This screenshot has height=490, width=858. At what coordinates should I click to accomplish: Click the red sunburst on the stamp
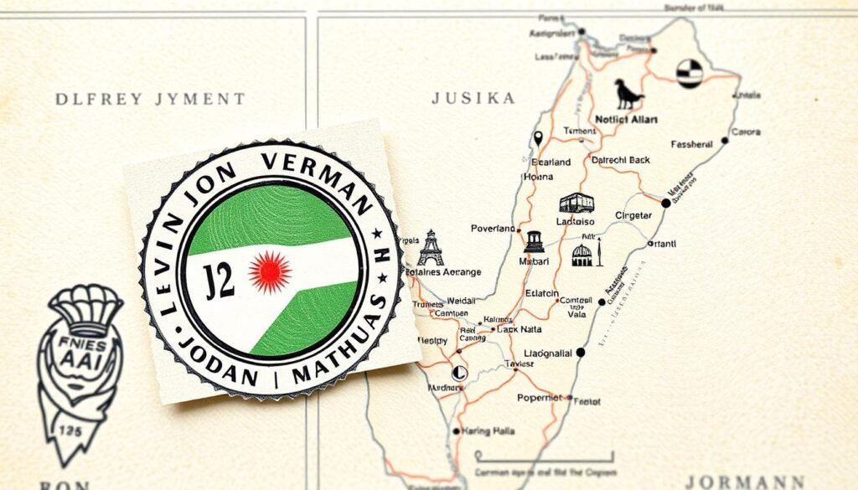270,271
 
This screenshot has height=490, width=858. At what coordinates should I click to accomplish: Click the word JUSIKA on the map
473,98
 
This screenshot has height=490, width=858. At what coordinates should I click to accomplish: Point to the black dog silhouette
628,95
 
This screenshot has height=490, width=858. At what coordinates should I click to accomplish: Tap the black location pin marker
538,138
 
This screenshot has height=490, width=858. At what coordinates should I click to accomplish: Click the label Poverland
493,228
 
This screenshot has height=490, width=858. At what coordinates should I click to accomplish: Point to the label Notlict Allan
626,120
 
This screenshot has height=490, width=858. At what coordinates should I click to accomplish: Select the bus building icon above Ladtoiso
576,203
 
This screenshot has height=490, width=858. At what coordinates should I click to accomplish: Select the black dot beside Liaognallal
581,353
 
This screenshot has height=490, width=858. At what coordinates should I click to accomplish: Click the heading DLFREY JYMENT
150,99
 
